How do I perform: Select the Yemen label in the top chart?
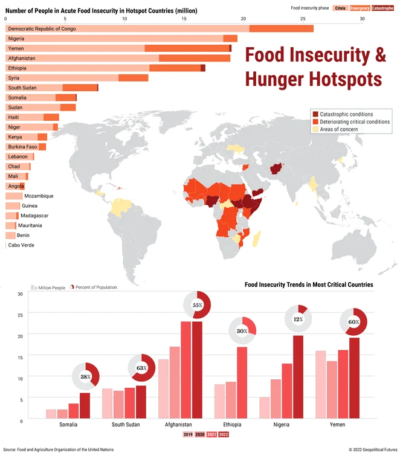(x=16, y=48)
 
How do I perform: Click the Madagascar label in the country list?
(x=34, y=216)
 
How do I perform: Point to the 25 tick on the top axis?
(x=303, y=18)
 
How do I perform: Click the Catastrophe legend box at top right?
(x=382, y=8)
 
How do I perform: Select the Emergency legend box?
(x=360, y=8)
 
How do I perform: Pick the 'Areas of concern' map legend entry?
(x=339, y=129)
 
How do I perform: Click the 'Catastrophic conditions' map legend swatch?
(x=314, y=114)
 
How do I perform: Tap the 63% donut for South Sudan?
(x=142, y=368)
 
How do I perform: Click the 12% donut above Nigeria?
(x=298, y=319)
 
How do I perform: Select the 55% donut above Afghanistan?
(x=198, y=305)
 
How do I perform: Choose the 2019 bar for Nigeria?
(x=265, y=408)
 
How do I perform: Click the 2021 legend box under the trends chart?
(x=211, y=434)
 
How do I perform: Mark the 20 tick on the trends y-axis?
(x=20, y=336)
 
